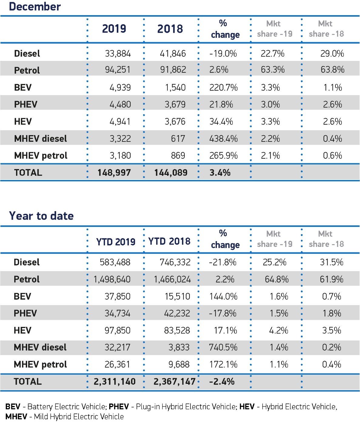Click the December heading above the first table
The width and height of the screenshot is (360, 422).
click(x=35, y=7)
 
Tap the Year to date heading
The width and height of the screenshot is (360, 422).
click(x=41, y=216)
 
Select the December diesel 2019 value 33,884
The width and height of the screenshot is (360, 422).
click(x=118, y=54)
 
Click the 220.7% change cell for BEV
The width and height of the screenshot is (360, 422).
click(x=224, y=88)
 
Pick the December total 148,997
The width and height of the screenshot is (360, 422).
click(x=114, y=173)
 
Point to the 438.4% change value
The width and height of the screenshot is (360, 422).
click(x=224, y=139)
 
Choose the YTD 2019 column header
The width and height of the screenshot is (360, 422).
click(x=116, y=242)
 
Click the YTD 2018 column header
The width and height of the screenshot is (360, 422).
click(x=169, y=241)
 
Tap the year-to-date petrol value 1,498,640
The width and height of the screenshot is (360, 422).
click(x=112, y=279)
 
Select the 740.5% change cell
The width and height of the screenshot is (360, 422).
click(x=223, y=347)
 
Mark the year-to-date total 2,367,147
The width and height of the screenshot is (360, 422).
click(x=174, y=382)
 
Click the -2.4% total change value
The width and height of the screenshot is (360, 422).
click(x=222, y=382)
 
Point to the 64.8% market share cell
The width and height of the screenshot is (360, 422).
click(x=277, y=279)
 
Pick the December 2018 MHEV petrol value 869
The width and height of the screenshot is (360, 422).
click(x=178, y=156)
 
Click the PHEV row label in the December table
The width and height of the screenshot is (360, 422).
click(x=25, y=105)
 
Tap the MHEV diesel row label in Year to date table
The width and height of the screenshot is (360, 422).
click(x=40, y=347)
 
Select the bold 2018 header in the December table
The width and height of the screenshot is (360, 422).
click(x=170, y=29)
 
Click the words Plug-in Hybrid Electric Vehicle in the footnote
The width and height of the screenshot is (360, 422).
click(x=186, y=407)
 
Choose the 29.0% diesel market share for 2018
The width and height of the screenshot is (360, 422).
click(x=332, y=54)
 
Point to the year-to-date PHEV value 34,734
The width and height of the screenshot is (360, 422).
click(x=117, y=313)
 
